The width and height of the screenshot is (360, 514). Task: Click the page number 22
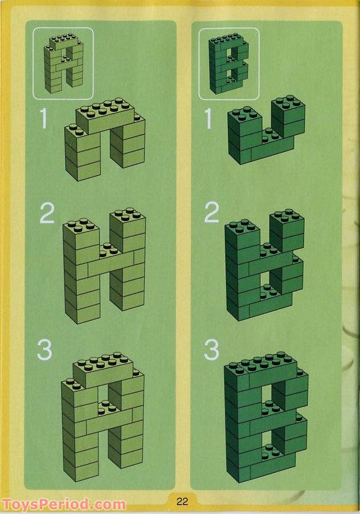coord(182,501)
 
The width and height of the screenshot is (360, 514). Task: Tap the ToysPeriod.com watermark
coord(64,505)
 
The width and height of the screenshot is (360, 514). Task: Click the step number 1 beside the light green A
coord(43,119)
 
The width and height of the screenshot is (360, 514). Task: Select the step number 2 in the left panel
coord(47,213)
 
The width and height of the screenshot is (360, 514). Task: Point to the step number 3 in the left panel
coord(45,349)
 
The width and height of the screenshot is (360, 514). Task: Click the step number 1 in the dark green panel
coord(209,119)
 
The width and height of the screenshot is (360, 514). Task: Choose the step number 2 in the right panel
coord(212,212)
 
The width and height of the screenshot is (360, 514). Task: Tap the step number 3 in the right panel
coord(211,349)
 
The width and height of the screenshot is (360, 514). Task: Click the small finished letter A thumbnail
coord(63,63)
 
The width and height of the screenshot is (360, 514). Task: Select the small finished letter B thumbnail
coord(228,63)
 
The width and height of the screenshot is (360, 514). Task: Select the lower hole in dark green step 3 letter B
coord(267,440)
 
